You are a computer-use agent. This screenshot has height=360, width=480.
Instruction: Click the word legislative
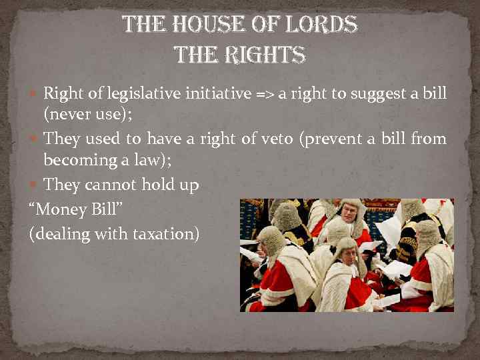tap(138, 94)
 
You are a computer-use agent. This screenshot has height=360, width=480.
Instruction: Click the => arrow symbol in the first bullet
tap(265, 95)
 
